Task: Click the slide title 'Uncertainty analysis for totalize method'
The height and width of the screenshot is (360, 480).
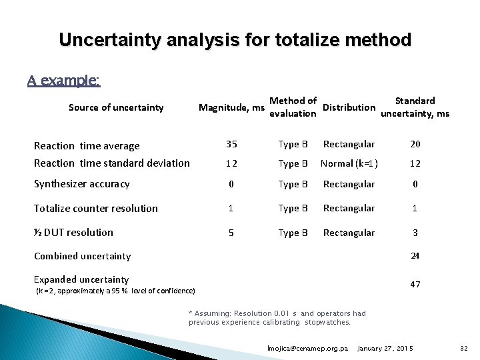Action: [235, 40]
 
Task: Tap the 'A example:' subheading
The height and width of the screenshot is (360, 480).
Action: [64, 81]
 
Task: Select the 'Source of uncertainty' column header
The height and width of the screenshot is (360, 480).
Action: [116, 107]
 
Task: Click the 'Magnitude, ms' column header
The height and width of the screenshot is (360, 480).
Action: [231, 108]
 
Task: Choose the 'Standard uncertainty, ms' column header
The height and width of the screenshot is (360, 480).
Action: [414, 107]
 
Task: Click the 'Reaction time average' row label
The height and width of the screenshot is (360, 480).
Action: [87, 146]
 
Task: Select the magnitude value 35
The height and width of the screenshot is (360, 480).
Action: [231, 144]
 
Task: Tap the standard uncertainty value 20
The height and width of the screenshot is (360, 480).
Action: [415, 144]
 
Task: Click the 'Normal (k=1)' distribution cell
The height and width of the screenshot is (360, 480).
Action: [349, 163]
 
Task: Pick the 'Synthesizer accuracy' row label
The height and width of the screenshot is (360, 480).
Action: [82, 184]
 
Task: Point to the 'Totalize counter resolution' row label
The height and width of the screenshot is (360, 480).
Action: [96, 209]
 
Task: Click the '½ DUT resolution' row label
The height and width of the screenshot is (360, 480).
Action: [74, 233]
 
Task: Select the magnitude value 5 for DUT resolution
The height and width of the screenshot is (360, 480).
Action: [231, 233]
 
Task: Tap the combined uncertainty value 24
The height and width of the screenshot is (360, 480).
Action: [415, 256]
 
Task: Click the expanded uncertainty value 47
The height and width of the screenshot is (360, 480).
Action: [415, 285]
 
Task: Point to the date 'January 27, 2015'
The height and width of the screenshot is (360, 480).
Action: [385, 349]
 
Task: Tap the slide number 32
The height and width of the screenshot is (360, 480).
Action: [464, 349]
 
